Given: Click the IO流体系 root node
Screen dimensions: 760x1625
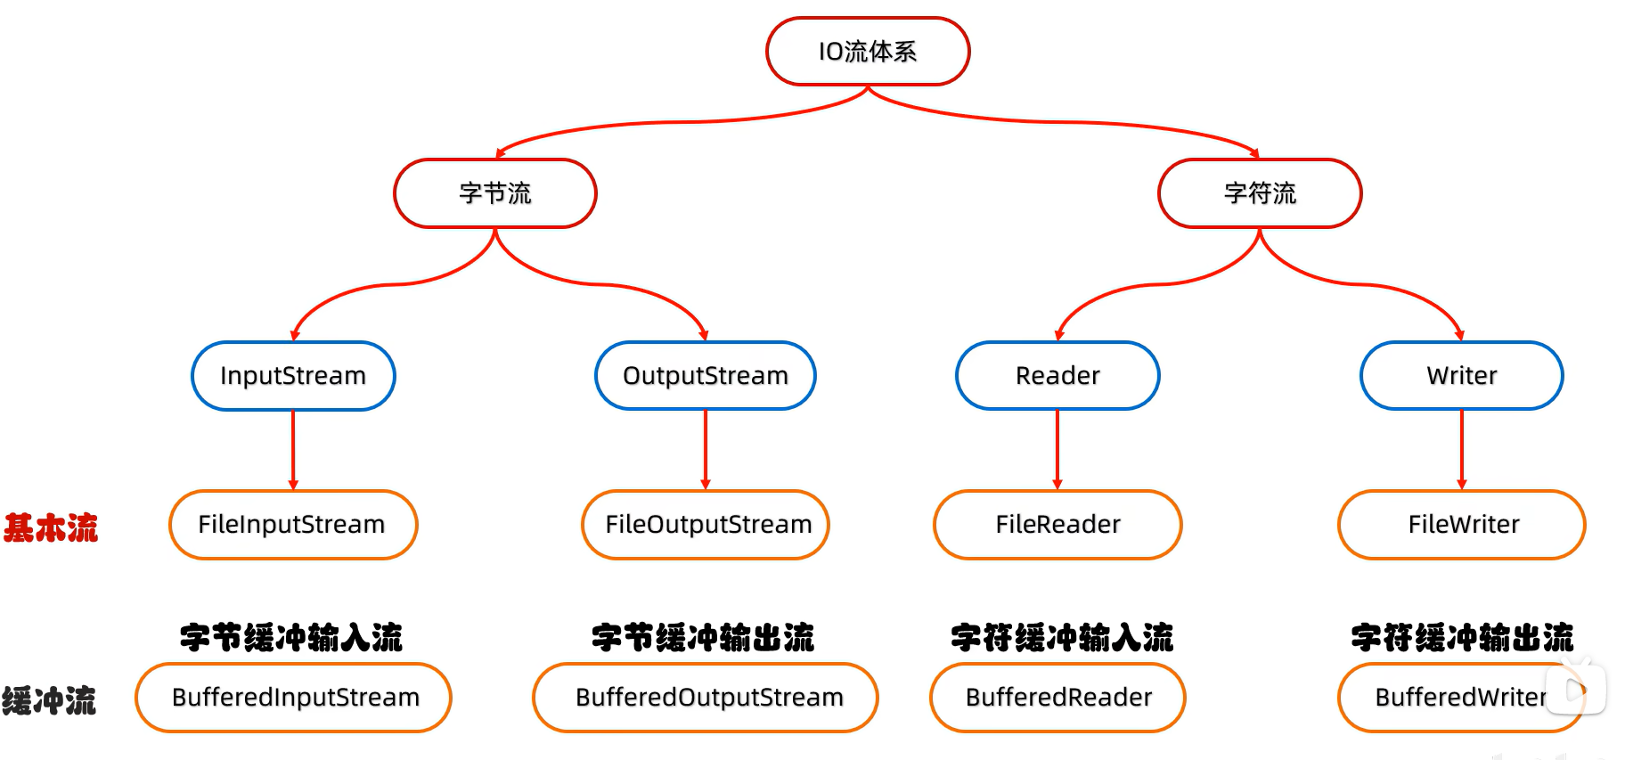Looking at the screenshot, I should point(867,52).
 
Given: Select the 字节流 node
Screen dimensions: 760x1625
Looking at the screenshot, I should point(495,193).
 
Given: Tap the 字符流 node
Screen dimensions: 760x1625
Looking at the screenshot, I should point(1260,193).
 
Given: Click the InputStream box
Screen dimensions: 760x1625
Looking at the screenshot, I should point(293,376).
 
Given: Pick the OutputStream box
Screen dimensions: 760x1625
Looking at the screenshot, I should point(706,376).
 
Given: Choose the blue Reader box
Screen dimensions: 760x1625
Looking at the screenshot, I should point(1057,376).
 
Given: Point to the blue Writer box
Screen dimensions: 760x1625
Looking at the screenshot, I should point(1461,376).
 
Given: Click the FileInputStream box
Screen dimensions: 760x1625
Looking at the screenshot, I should point(293,525).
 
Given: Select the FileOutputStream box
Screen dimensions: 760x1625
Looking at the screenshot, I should point(706,525).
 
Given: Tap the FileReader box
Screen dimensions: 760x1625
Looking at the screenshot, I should point(1057,525).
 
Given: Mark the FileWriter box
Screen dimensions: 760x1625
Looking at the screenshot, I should point(1461,525).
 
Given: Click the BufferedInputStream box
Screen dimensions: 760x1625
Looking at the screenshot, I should point(293,698).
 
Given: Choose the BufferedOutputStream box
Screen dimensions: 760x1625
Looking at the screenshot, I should point(706,698).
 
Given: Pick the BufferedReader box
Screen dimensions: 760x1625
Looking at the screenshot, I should point(1057,698).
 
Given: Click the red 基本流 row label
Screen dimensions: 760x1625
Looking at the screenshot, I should point(51,527).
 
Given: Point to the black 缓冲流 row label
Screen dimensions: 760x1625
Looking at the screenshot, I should point(49,701).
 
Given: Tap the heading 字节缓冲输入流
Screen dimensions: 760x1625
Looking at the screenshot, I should point(291,638).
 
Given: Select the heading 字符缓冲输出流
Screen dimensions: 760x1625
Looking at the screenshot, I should point(1462,638).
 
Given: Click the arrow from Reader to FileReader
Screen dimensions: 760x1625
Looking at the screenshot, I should point(1057,450).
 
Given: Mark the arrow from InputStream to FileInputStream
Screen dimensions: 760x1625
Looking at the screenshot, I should point(293,450).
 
